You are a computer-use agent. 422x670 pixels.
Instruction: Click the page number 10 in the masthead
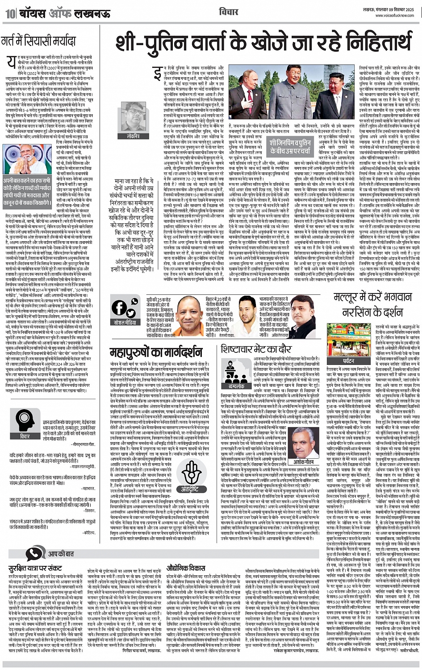(9, 13)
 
